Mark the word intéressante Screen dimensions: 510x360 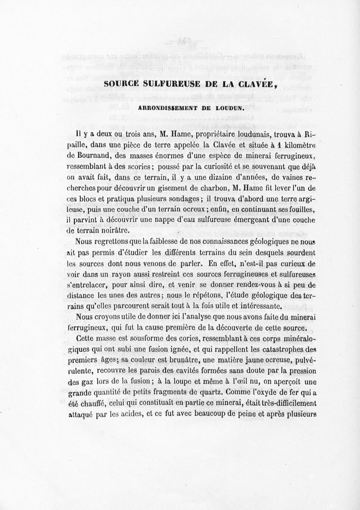tap(260, 307)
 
